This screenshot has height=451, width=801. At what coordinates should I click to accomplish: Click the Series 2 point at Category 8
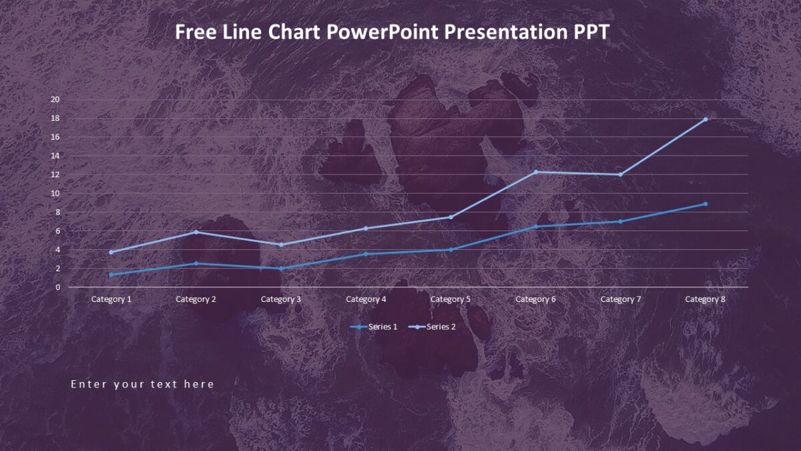point(705,120)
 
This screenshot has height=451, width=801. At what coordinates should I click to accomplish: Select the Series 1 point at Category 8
point(705,204)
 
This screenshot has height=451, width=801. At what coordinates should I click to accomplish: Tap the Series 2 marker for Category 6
point(535,172)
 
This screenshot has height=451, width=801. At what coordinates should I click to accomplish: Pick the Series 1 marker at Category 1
point(111,275)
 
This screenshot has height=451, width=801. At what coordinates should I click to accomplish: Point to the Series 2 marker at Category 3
point(281,245)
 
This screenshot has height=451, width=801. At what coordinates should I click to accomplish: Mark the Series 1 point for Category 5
point(451,250)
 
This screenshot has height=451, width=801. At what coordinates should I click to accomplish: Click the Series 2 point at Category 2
point(196,232)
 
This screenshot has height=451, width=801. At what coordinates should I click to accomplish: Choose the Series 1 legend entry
point(374,327)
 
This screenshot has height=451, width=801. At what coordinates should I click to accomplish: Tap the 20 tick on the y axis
point(55,100)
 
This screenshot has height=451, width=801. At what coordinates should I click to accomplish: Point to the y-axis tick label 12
point(55,174)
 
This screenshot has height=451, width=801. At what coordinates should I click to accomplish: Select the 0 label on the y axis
point(57,287)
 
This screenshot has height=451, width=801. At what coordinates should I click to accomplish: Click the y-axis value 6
point(57,231)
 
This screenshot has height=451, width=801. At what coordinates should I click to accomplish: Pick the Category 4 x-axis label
point(366,299)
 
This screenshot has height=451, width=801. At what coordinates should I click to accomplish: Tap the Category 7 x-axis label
point(620,299)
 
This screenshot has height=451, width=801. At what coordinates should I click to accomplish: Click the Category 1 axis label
point(111,299)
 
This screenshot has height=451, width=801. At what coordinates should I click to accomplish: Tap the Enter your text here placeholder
point(142,384)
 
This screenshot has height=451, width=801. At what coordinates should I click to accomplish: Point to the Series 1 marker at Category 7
point(620,222)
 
